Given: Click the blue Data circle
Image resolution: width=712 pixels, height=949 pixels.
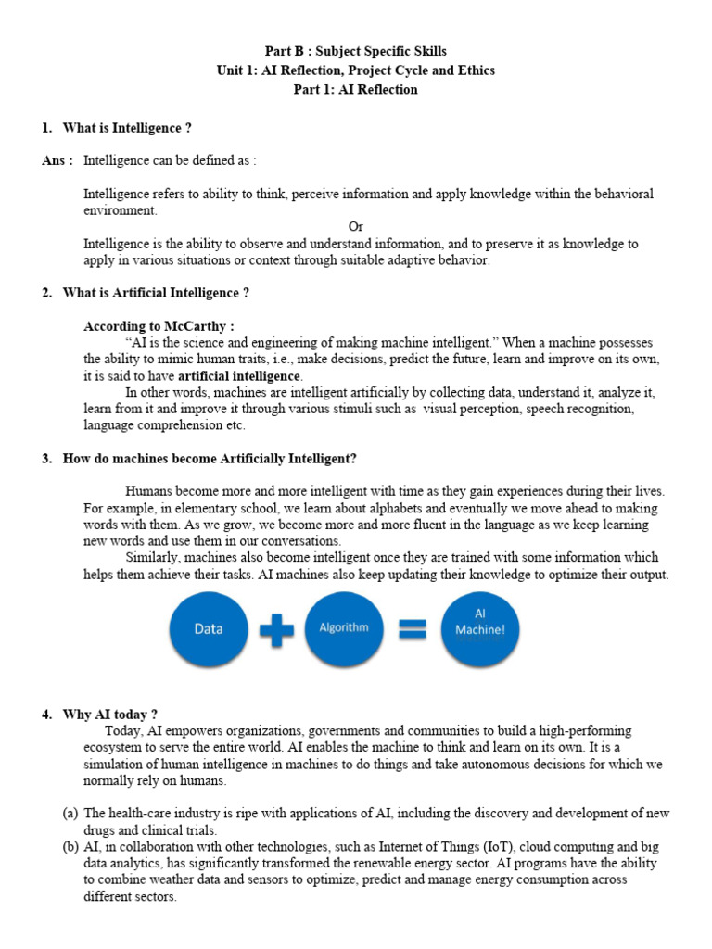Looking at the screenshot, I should pos(209,628).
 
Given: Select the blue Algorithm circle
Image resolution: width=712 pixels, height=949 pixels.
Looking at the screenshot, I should pos(343,628).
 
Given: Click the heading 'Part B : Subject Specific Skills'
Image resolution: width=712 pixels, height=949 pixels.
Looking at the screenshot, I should pos(355,51).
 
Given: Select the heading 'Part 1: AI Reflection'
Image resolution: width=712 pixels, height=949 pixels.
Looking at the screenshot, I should pos(355,90).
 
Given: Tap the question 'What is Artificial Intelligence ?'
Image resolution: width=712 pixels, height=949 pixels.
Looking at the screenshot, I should pos(156,293).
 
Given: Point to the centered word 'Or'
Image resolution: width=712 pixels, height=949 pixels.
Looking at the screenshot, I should pos(356,227).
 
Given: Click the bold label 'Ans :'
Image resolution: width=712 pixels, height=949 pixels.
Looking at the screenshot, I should pos(57,160).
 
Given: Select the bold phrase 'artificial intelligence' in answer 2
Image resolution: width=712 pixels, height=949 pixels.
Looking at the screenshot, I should pos(239,376).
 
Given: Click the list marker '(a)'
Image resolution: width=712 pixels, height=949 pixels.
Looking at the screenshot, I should pos(70,813).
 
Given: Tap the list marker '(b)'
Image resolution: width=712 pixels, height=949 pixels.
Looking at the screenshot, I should pos(70,847).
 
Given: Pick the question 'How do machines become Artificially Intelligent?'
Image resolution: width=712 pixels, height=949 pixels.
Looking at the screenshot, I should pos(209,459).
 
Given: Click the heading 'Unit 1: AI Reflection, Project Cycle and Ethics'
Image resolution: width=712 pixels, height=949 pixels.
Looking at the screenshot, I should pos(355,70).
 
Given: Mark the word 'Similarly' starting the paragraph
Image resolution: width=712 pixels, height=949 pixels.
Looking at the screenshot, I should pos(152,558).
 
